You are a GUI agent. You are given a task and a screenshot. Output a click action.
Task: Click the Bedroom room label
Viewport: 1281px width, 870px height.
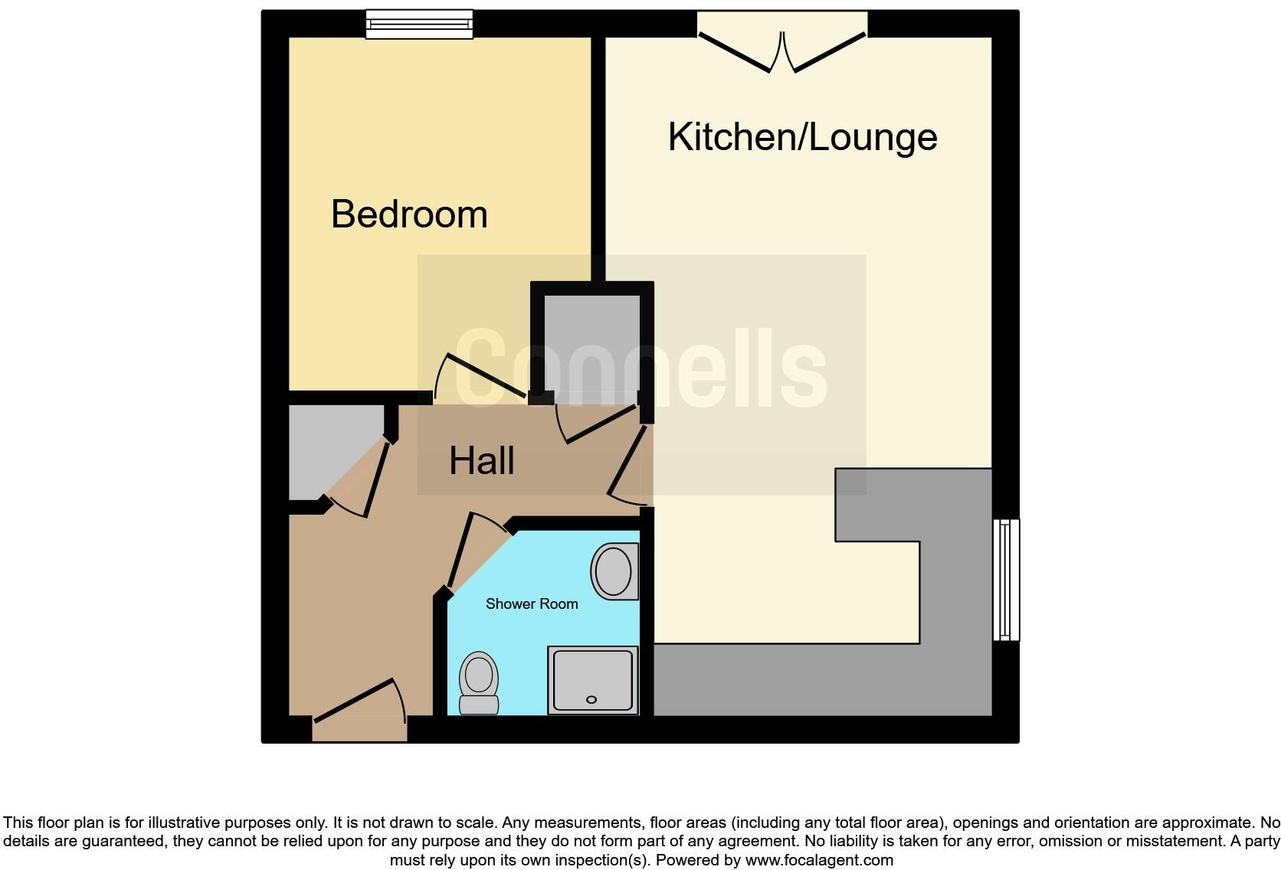coord(409,214)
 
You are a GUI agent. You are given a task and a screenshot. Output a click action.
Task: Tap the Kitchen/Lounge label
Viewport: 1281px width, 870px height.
coord(802,137)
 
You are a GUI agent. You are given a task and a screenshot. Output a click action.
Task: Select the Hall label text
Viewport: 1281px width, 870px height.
coord(481,461)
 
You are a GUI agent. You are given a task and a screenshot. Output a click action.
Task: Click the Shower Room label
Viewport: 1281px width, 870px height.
coord(532,604)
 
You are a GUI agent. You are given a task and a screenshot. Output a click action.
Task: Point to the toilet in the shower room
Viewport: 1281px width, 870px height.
coord(479,682)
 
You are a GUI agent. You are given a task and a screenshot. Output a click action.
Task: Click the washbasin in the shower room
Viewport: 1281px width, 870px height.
coord(614,571)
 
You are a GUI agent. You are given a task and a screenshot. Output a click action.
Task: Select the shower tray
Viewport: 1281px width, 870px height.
coord(592,680)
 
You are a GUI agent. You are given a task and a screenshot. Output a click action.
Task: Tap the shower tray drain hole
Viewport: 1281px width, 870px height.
coord(591,699)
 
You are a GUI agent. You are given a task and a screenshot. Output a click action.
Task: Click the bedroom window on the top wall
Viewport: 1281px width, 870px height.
coord(419,24)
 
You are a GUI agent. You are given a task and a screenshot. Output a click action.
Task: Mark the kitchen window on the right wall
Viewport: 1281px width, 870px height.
coord(1006,580)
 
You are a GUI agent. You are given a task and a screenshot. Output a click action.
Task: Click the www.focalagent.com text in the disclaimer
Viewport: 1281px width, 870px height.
coord(819,860)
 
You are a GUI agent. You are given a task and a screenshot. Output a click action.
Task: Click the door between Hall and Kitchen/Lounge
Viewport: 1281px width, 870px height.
coord(626,463)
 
